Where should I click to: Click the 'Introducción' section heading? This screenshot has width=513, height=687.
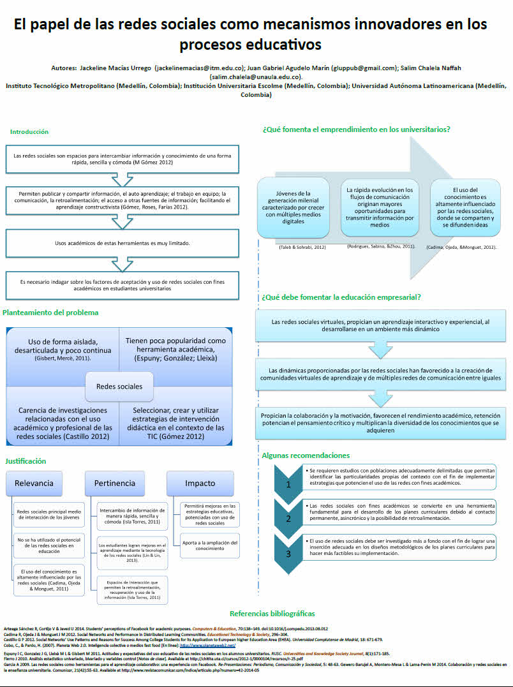(x=29, y=132)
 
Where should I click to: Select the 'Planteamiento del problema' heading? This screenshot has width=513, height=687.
(x=50, y=313)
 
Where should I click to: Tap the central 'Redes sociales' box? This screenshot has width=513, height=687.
(x=119, y=386)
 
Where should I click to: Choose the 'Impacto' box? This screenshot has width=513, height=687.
(x=200, y=483)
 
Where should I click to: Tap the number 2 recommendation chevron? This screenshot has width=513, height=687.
(x=288, y=518)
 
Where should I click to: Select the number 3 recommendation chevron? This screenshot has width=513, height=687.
(x=288, y=553)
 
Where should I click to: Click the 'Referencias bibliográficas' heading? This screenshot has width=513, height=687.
(x=272, y=614)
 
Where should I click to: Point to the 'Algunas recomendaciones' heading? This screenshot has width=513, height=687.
(x=306, y=455)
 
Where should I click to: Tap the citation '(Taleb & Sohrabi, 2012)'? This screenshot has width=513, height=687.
(x=294, y=247)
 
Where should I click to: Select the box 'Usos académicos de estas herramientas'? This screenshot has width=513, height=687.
(x=121, y=243)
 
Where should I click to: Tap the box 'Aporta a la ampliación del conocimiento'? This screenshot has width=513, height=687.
(x=210, y=545)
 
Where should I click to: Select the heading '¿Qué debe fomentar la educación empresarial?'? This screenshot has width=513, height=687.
(x=341, y=297)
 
